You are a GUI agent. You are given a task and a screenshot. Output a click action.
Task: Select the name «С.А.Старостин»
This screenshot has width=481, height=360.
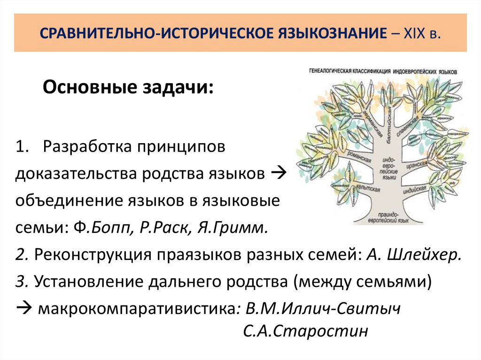305,331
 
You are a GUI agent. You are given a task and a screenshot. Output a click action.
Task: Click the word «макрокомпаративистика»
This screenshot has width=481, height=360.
137,309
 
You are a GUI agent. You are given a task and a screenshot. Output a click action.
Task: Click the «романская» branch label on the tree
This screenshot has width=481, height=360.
361,164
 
